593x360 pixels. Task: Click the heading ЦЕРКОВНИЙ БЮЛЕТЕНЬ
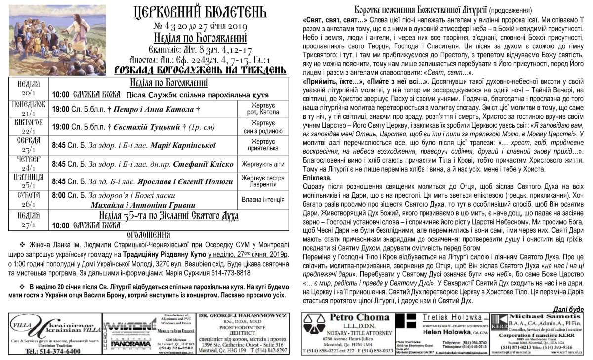click(200, 12)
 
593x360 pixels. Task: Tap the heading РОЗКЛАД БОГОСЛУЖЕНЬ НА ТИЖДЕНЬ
click(200, 70)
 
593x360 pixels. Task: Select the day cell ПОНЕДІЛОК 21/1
click(29, 108)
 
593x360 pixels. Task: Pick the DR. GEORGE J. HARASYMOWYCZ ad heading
click(243, 315)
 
